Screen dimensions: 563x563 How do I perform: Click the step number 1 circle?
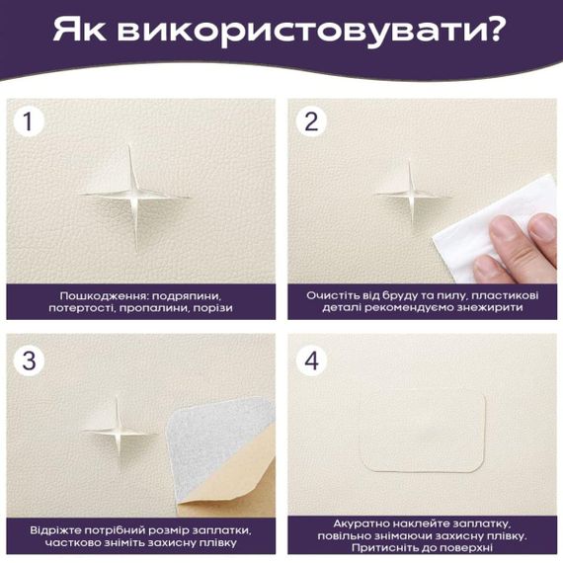pos(31,122)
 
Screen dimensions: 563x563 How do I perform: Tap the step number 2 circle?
pos(312,122)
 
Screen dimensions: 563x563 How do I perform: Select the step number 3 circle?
pos(31,362)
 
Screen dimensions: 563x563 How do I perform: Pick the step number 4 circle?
pos(312,362)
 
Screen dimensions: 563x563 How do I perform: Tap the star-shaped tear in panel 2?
pos(411,193)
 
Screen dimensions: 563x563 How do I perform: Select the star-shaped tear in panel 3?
pos(121,427)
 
